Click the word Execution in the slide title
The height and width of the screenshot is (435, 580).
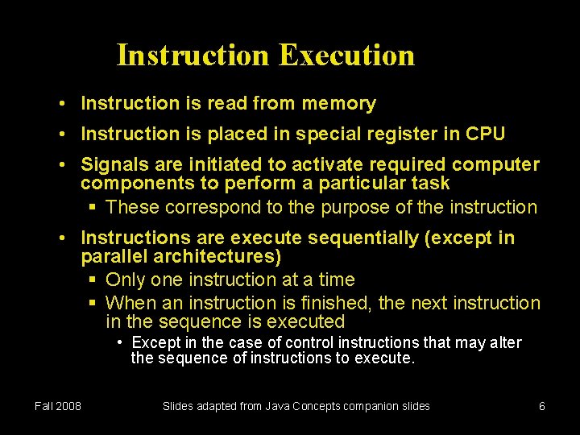(347, 56)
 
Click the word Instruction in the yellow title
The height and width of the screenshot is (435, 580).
(193, 56)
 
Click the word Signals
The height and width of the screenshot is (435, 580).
(113, 164)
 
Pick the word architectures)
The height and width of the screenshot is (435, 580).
(214, 257)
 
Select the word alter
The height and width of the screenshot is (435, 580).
(505, 343)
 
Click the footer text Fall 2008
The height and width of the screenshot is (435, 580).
(58, 406)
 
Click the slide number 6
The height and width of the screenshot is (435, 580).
(542, 406)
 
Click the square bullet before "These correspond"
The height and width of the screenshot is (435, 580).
(93, 208)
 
